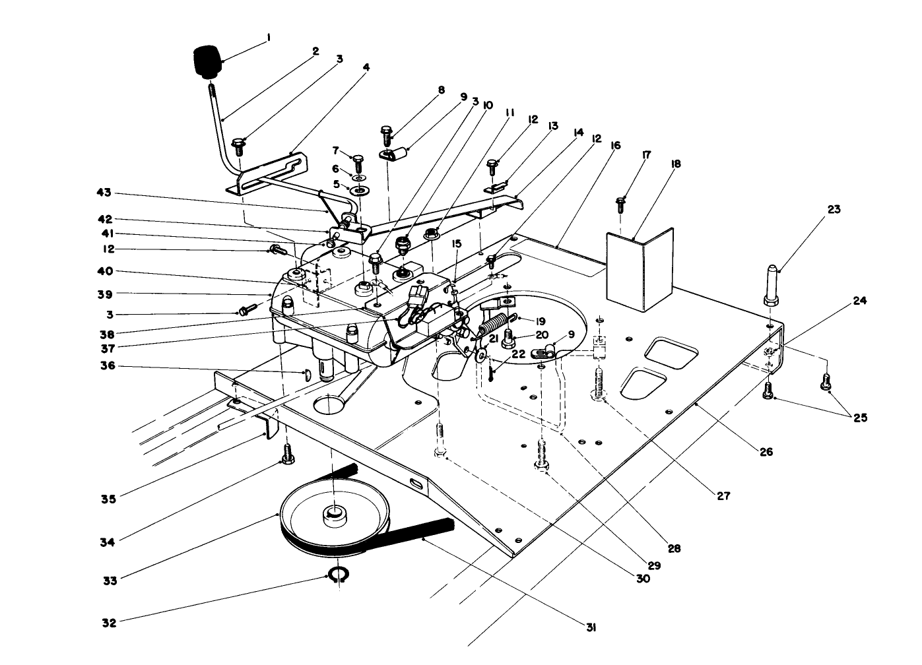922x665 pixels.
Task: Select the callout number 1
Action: [269, 38]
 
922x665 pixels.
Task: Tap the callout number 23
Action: [834, 209]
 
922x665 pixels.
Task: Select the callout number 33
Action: [110, 581]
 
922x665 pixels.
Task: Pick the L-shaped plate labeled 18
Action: [639, 267]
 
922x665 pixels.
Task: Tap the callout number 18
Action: [676, 164]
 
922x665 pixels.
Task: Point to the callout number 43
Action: [104, 193]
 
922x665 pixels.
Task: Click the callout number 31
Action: [591, 628]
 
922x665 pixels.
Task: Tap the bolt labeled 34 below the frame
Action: [286, 453]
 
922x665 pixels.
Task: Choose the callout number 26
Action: [765, 452]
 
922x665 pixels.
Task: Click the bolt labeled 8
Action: [387, 135]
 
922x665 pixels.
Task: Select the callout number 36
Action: [108, 365]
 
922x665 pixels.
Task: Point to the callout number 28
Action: [674, 548]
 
